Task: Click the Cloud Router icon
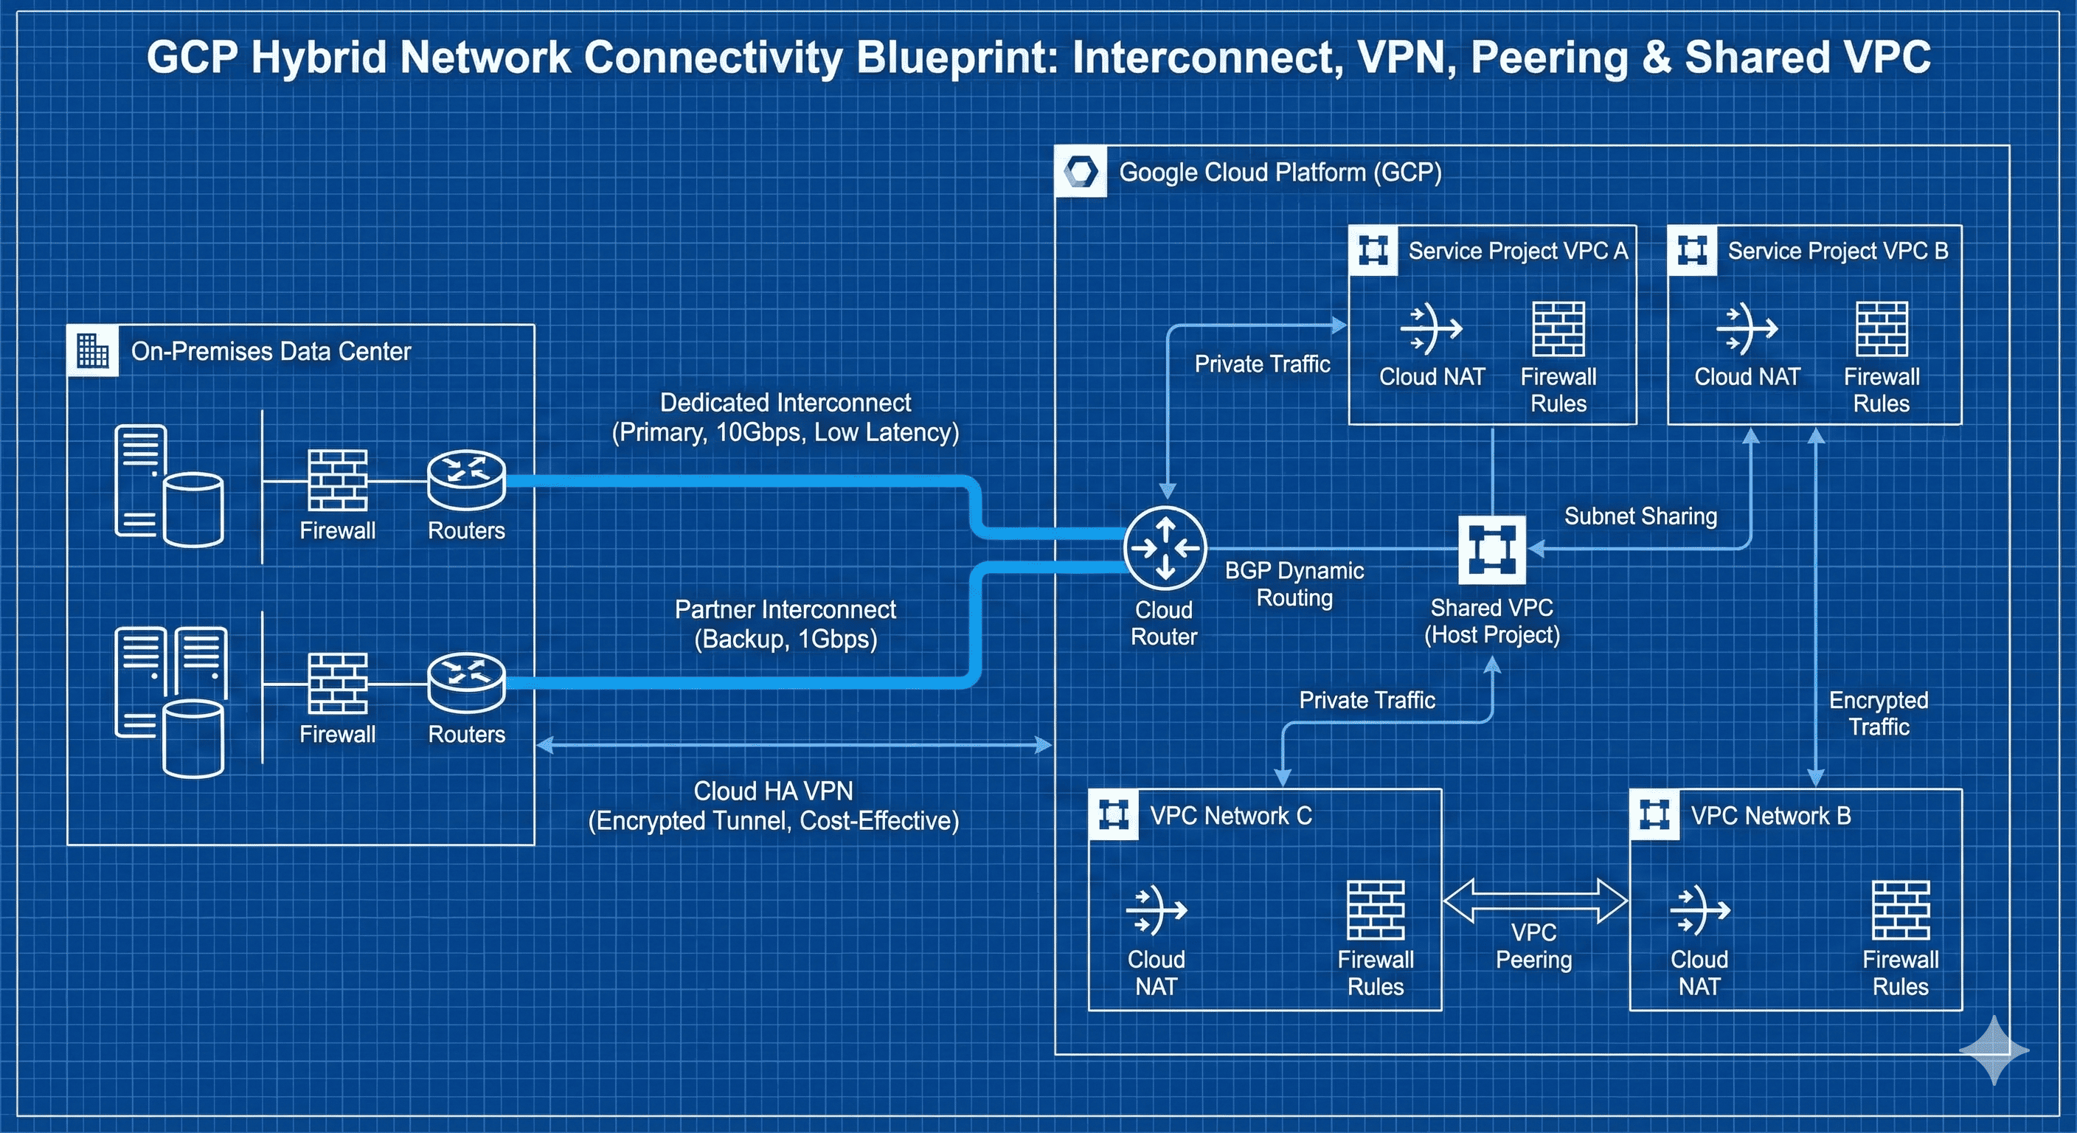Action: pyautogui.click(x=1165, y=549)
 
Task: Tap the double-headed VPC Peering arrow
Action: pyautogui.click(x=1534, y=901)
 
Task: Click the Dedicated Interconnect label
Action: pyautogui.click(x=786, y=417)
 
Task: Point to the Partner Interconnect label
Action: pyautogui.click(x=786, y=624)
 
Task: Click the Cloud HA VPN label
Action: pyautogui.click(x=773, y=805)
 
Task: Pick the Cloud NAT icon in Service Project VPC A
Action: pyautogui.click(x=1431, y=329)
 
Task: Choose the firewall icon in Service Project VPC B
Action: pyautogui.click(x=1881, y=329)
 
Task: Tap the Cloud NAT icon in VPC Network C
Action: pyautogui.click(x=1157, y=910)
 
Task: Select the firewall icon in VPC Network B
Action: pyautogui.click(x=1901, y=910)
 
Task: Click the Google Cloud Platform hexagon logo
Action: pyautogui.click(x=1081, y=172)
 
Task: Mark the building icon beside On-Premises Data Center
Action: pyautogui.click(x=93, y=351)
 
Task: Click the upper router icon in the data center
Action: pyautogui.click(x=466, y=479)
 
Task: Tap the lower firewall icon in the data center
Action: pyautogui.click(x=338, y=683)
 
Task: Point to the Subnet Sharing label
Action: pyautogui.click(x=1640, y=516)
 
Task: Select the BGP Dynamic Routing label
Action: pyautogui.click(x=1294, y=584)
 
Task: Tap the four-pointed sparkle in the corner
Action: pyautogui.click(x=1994, y=1050)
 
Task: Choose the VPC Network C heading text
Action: pyautogui.click(x=1230, y=816)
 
